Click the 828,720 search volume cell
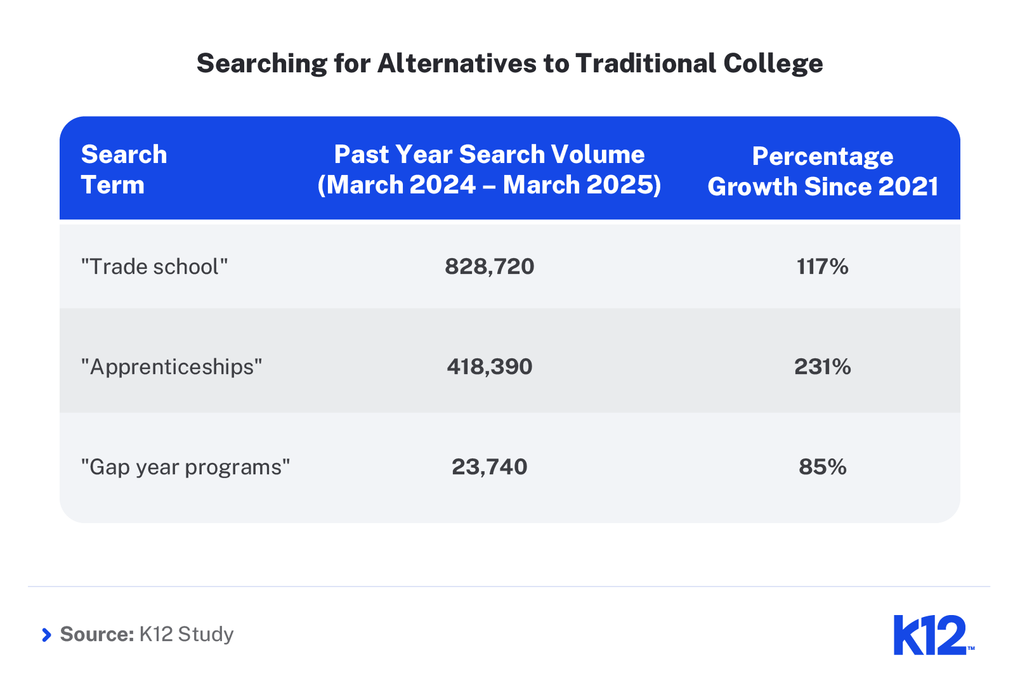489,266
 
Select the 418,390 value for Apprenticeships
489,366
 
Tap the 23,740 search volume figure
489,467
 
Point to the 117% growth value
822,266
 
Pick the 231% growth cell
822,366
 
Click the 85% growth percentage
822,467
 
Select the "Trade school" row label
154,266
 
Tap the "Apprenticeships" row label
171,366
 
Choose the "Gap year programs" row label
185,467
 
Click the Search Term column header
124,170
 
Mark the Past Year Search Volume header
489,169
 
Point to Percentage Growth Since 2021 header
822,171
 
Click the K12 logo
932,635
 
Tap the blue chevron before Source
46,635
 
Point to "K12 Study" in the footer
186,634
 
